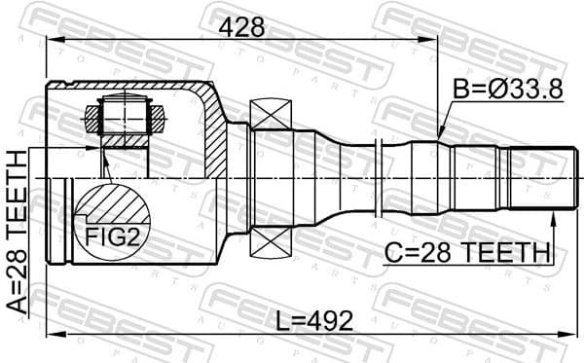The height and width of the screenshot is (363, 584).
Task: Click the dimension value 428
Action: tap(240, 27)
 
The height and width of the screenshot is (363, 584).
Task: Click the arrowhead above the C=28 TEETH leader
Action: tap(552, 214)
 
